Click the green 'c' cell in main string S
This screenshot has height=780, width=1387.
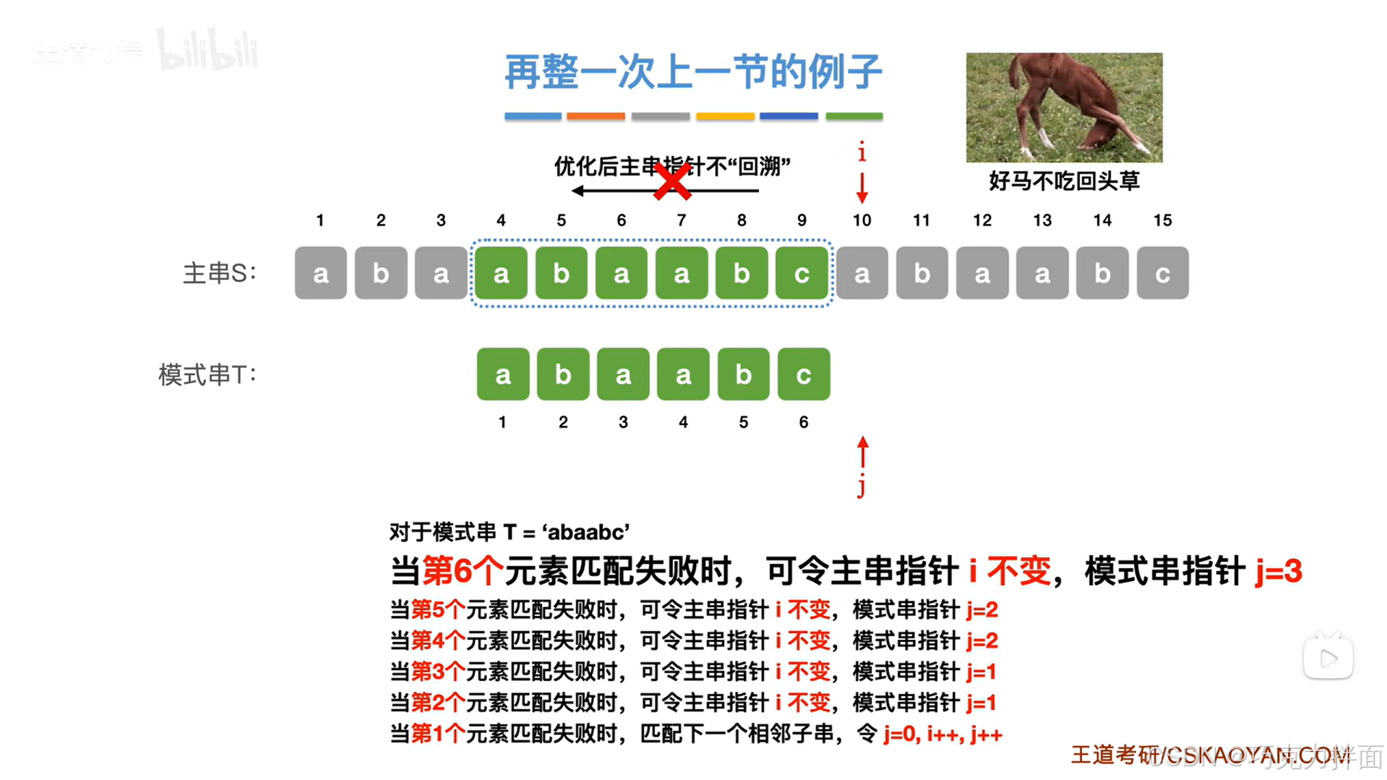802,273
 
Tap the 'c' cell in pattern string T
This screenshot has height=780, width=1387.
804,374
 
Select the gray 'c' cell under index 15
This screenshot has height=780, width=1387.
1162,273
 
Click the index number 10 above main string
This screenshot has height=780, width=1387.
862,220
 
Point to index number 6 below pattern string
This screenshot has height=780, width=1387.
804,422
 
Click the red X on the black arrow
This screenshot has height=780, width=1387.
672,181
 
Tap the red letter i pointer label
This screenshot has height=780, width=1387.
862,153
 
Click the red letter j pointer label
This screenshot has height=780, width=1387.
862,487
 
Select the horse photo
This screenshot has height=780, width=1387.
1064,107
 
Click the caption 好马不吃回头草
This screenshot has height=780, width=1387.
1064,181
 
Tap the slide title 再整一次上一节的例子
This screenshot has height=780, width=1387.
693,72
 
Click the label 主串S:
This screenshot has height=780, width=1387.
219,273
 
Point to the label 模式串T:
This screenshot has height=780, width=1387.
207,374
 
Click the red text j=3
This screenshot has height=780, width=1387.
1278,571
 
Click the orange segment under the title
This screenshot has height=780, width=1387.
596,116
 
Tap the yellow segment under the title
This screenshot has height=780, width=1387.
725,116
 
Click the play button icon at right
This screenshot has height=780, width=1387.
1328,658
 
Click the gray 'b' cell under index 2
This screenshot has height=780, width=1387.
381,273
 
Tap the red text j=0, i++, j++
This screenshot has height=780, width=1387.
942,734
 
